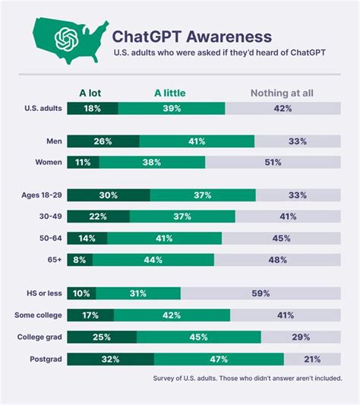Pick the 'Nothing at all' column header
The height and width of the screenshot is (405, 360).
[283, 94]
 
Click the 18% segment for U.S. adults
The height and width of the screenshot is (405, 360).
[92, 109]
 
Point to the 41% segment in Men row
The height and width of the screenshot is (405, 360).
[197, 141]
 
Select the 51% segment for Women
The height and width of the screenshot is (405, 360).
[273, 162]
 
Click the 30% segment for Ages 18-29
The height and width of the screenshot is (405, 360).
[108, 195]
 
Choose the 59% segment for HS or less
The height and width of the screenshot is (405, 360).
[261, 293]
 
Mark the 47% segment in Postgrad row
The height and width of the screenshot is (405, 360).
[219, 359]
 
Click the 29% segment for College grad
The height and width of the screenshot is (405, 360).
[301, 337]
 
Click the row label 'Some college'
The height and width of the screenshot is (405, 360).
[38, 315]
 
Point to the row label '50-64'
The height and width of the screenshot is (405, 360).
[49, 238]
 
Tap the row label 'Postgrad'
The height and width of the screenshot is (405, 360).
[45, 359]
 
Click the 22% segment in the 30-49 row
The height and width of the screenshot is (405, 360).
[96, 217]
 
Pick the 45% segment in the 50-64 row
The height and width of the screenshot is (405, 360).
[281, 238]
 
